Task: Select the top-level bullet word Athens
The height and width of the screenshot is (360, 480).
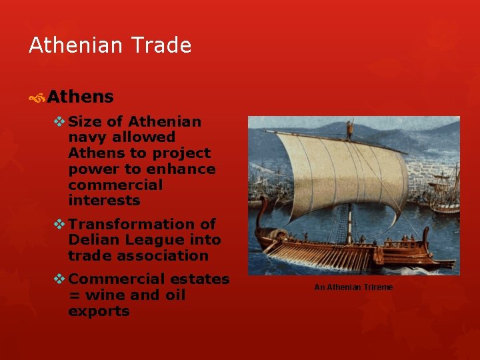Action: pos(80,97)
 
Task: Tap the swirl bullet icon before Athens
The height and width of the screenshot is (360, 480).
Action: pos(37,98)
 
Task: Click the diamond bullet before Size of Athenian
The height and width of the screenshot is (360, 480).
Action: pos(59,121)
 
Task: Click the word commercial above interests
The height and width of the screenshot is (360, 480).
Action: pos(115,185)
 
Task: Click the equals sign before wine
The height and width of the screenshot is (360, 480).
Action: pos(73,295)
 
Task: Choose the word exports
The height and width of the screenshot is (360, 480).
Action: pos(99,311)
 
